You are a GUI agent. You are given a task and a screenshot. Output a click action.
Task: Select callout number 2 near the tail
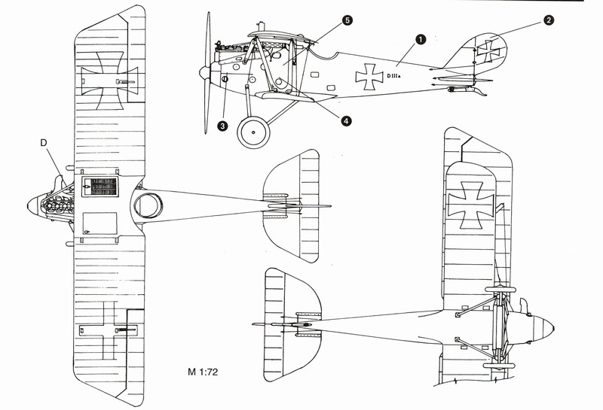point(549,21)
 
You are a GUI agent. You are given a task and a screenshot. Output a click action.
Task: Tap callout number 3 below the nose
point(223,126)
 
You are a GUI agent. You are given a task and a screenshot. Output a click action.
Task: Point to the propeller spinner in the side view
point(203,72)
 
